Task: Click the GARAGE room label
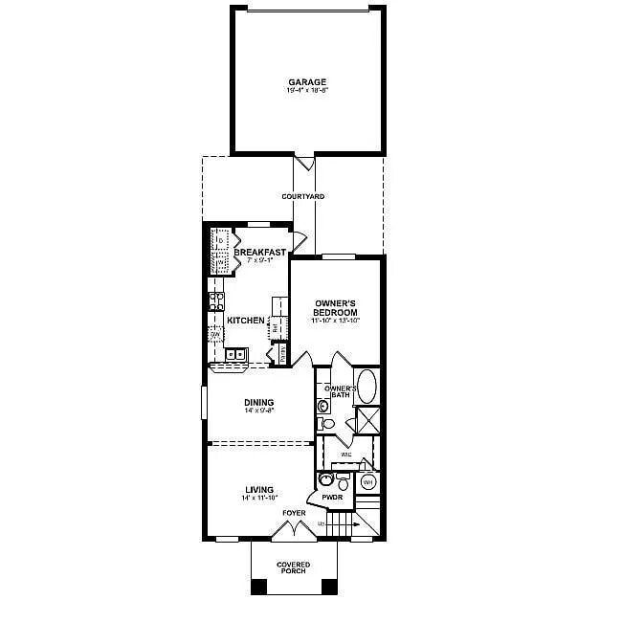tap(307, 82)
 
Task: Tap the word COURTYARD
tap(302, 196)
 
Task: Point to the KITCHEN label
tap(246, 320)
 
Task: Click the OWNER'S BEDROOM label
tap(336, 308)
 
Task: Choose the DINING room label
tap(258, 402)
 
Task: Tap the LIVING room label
tap(258, 489)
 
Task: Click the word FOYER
tap(294, 513)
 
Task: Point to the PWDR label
tap(332, 498)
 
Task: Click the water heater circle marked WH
tap(367, 482)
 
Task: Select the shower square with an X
tap(367, 420)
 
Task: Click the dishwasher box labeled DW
tap(215, 333)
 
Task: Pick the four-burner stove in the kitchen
tap(216, 301)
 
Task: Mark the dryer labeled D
tap(219, 239)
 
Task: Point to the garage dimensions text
tap(307, 91)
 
